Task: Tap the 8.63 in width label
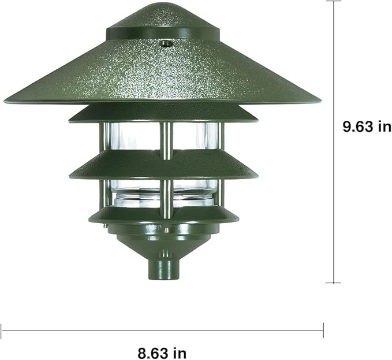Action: point(162,351)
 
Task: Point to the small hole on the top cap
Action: point(165,43)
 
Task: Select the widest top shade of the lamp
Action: point(163,75)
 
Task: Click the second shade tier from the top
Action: point(163,115)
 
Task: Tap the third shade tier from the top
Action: point(163,166)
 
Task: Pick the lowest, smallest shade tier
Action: point(163,216)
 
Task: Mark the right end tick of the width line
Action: point(323,331)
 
